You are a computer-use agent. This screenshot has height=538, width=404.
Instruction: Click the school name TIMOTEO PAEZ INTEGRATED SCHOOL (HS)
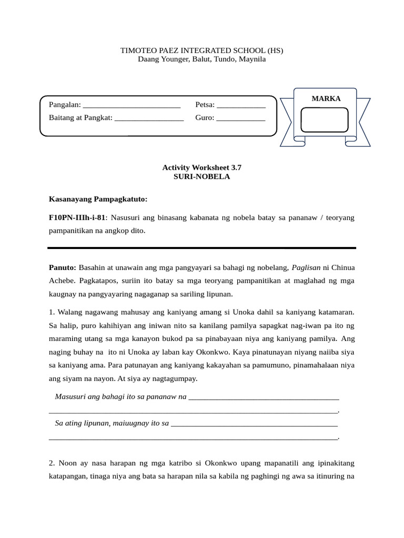202,50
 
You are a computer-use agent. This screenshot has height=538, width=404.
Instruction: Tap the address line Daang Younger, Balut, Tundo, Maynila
202,59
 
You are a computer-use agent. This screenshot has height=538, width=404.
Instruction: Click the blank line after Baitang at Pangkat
149,118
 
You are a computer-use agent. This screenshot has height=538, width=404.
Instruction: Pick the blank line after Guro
241,118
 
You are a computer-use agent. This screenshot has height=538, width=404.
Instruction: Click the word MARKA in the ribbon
326,98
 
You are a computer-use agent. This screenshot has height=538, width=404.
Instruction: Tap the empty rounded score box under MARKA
325,120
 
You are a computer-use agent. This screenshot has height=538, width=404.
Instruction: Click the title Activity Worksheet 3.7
202,167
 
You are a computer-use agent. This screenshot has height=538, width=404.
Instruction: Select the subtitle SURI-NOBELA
202,177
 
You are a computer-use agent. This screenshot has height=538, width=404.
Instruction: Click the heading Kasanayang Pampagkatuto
98,199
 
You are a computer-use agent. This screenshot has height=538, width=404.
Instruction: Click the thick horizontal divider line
202,247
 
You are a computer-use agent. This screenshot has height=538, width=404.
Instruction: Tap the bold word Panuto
62,267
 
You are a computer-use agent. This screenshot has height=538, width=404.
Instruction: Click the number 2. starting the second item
52,463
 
